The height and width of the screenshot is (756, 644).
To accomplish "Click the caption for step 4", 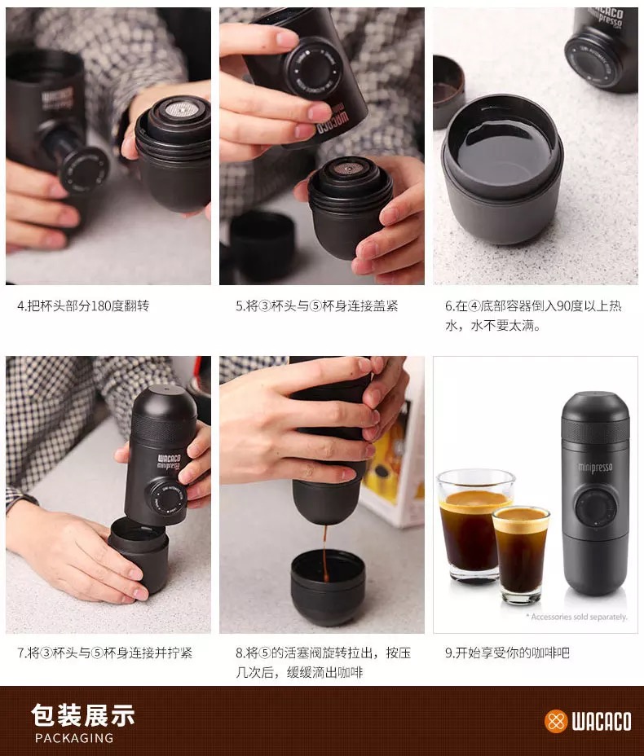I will [83, 306].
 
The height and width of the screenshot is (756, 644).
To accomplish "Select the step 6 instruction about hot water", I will [532, 316].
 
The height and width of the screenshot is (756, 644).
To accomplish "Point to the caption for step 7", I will [104, 653].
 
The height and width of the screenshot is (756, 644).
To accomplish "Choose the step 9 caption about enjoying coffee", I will [507, 653].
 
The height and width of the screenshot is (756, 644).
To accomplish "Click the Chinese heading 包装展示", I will [82, 715].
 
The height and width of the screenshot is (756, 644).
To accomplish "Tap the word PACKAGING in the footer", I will [74, 738].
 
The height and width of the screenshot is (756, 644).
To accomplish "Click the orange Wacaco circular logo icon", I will [555, 721].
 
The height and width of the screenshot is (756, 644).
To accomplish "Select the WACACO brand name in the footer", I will [601, 722].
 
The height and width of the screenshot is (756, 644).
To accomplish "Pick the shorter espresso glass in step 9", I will [520, 554].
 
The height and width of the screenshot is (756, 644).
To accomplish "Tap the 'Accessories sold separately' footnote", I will [576, 617].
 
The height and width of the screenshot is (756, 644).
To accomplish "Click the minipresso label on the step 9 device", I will [595, 468].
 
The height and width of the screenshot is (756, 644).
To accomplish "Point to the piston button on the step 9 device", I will [594, 508].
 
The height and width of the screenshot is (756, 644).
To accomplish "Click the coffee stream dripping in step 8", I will [324, 547].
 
